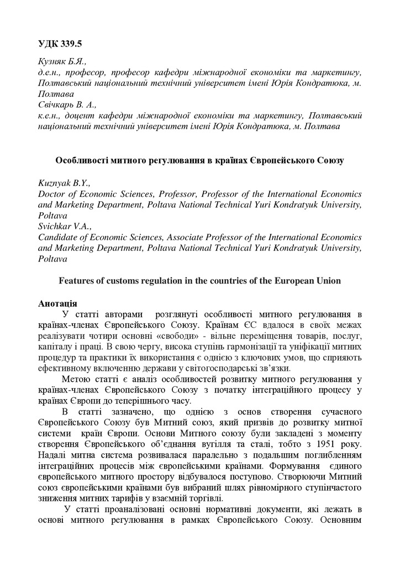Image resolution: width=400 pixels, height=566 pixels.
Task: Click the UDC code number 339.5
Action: [73, 43]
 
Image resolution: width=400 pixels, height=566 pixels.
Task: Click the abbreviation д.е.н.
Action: [50, 72]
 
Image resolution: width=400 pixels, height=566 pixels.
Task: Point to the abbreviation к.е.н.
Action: [50, 116]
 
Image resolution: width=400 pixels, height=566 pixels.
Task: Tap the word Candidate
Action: [59, 237]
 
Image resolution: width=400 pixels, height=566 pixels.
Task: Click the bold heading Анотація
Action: [57, 303]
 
